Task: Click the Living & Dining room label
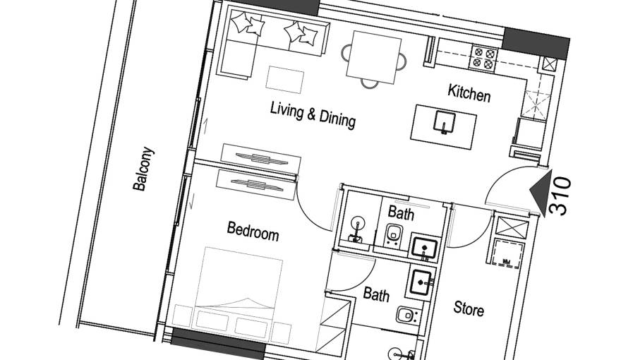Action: [x=313, y=116]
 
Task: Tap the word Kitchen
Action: [x=469, y=93]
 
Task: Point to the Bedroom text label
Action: [x=252, y=231]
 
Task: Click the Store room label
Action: [x=469, y=308]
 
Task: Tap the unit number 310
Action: [x=561, y=196]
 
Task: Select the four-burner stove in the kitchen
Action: [x=485, y=58]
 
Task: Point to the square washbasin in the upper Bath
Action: [x=424, y=247]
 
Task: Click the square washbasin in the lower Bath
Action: [x=423, y=282]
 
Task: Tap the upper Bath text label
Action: [x=401, y=212]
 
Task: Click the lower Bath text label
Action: [x=376, y=294]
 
